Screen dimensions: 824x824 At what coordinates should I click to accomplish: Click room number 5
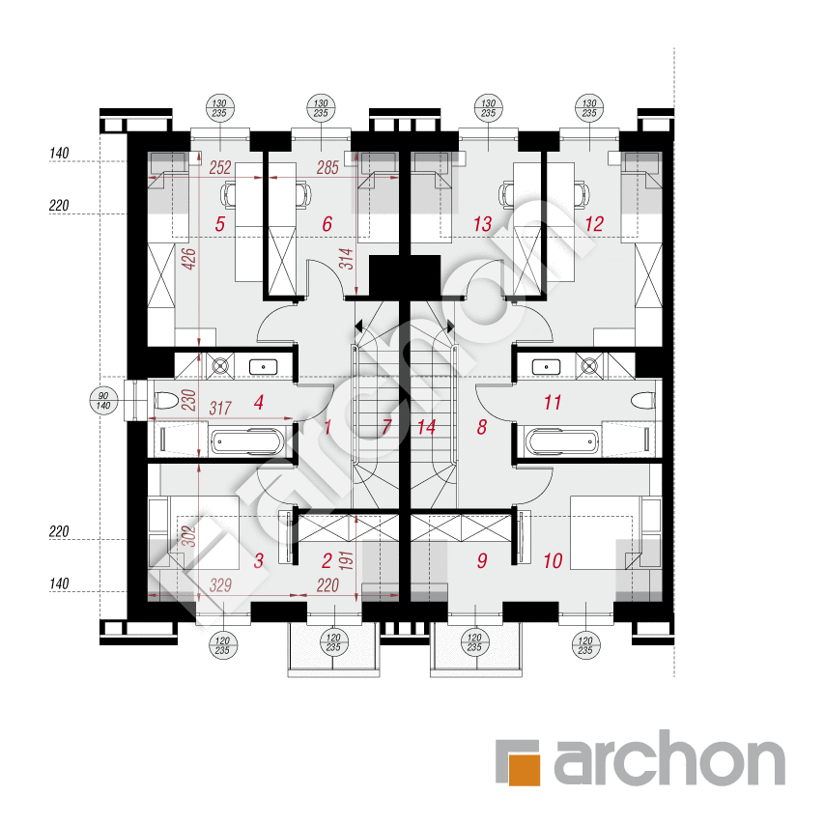220,225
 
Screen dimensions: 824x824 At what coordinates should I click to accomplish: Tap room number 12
594,225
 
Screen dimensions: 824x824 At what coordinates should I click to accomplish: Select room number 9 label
481,560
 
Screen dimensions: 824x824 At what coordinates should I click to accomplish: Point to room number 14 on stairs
426,427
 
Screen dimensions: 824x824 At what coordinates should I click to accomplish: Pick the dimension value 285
327,168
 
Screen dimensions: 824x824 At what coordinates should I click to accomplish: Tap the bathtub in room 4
246,443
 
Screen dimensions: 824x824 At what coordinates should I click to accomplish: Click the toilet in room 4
167,399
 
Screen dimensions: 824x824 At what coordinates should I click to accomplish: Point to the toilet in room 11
641,400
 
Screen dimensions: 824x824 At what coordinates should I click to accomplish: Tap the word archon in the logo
668,763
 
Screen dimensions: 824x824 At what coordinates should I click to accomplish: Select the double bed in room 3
192,531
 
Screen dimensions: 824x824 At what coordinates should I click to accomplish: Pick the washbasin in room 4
263,366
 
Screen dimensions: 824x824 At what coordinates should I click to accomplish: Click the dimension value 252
220,168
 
